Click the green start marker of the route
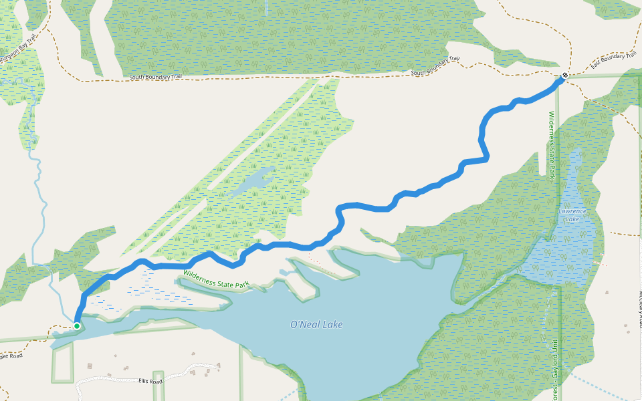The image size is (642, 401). tap(77, 326)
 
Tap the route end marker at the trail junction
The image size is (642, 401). tap(565, 76)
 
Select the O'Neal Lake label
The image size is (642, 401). tap(316, 325)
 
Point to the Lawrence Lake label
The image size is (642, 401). tap(572, 215)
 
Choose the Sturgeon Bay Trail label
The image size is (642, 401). tap(18, 49)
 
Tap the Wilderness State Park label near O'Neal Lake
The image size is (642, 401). tap(216, 279)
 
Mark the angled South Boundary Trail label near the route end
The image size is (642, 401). tap(435, 66)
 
